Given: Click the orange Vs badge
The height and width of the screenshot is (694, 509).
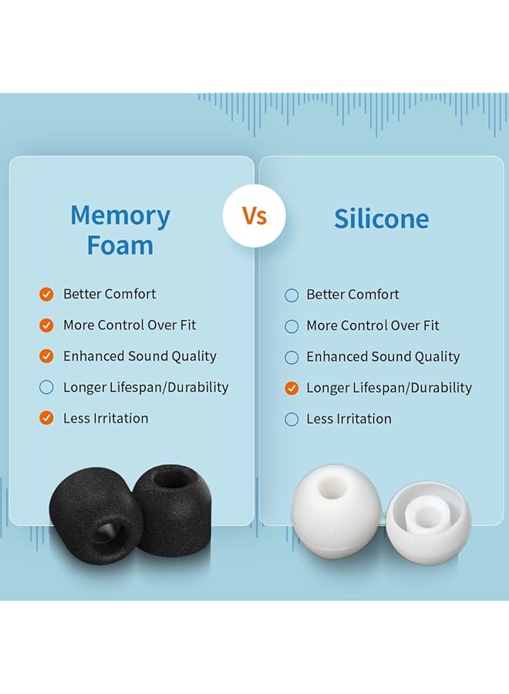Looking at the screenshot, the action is point(254,216).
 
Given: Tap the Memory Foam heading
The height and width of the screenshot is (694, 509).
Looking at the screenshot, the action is point(120,230).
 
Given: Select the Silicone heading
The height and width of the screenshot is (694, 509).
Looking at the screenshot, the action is point(382,219).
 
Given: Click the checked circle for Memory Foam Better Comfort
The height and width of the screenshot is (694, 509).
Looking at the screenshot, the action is point(46,295).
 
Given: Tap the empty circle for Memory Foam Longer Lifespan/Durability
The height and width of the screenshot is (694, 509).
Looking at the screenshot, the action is point(46,387).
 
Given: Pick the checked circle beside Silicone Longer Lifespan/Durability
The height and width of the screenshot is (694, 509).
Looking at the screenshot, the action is point(292,388).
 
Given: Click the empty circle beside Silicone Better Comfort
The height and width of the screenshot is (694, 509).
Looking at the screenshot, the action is point(292,295).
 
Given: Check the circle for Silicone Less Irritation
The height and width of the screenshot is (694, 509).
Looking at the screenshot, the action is point(292,419).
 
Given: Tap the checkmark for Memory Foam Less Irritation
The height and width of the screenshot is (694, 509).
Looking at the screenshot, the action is point(46,418).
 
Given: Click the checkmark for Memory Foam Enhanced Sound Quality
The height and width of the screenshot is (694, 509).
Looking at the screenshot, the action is point(46,356).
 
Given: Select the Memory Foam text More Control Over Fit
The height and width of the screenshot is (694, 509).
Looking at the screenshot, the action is point(130,325).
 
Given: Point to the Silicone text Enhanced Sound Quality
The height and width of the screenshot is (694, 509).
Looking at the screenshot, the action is point(383,357).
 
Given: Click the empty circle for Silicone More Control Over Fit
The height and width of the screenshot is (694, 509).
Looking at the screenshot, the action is point(292,326).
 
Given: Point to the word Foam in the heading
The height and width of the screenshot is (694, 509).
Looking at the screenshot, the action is point(120,245).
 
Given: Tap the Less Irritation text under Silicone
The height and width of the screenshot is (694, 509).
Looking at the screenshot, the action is point(349,419).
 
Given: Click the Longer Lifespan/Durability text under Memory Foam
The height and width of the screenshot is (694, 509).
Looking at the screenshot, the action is point(146,387).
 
